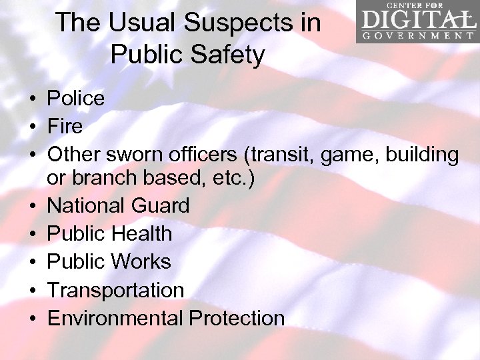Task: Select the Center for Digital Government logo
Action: click(417, 22)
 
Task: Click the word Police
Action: click(76, 99)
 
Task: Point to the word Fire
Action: click(65, 127)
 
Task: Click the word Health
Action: click(142, 233)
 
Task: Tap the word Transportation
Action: click(115, 290)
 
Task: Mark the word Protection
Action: click(237, 318)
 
